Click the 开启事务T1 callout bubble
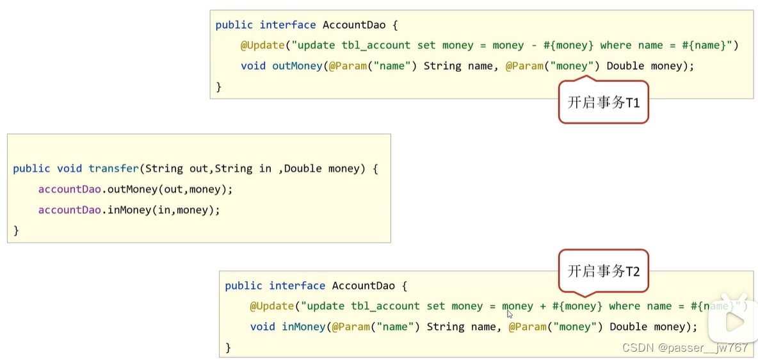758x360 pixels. click(x=604, y=102)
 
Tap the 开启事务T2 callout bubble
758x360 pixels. click(x=604, y=272)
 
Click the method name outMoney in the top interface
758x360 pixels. click(x=297, y=66)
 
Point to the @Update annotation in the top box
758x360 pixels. click(x=262, y=45)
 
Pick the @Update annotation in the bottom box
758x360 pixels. click(x=272, y=306)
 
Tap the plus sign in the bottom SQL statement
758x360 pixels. click(x=543, y=306)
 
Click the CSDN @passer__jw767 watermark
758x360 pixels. click(x=686, y=348)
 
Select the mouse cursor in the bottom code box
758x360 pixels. click(x=510, y=314)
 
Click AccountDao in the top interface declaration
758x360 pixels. click(x=354, y=25)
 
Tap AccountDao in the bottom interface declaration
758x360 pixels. click(x=364, y=286)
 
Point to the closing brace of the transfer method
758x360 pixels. click(x=16, y=231)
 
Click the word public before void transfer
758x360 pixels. click(x=31, y=168)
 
